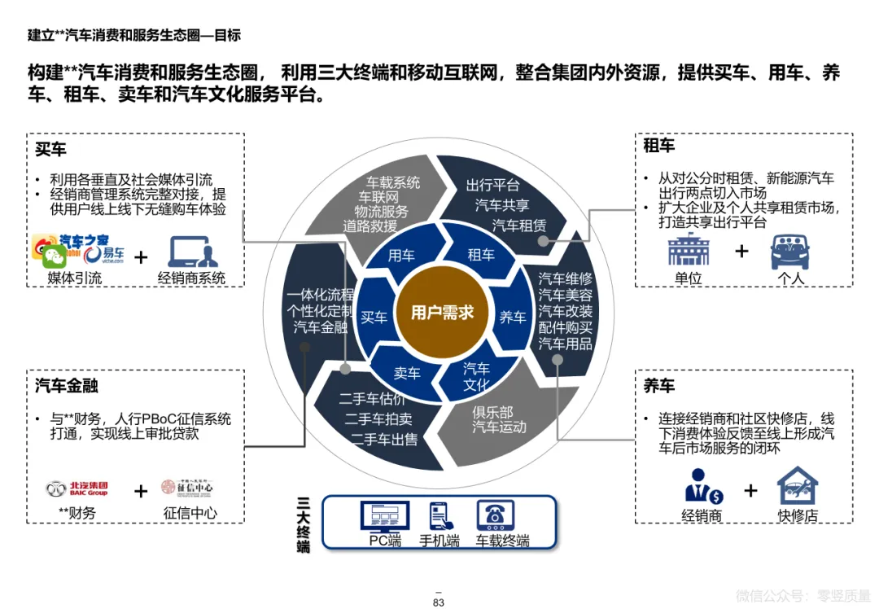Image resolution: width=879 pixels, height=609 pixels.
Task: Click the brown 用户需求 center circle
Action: tap(442, 313)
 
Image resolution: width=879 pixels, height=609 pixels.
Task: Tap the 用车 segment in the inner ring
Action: tap(401, 256)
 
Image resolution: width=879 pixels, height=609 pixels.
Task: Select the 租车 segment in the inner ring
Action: tap(481, 255)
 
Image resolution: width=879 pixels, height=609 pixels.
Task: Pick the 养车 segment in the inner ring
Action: tap(513, 317)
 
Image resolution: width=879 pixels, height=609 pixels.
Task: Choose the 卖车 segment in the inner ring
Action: tap(407, 373)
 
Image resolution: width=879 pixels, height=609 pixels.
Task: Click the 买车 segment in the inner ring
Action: tap(374, 317)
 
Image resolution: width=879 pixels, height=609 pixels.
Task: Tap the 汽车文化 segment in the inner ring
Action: tap(477, 376)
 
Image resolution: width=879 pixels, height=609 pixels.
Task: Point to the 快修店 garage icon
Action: tap(797, 487)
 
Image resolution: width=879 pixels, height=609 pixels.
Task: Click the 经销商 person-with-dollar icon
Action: tap(702, 487)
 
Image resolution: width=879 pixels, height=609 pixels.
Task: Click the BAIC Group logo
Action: tap(77, 489)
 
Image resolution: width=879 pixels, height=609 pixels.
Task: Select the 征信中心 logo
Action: tap(187, 488)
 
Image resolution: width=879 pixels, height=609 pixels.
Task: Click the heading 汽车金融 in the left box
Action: tap(67, 384)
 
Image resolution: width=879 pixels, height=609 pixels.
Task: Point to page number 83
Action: tap(438, 602)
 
